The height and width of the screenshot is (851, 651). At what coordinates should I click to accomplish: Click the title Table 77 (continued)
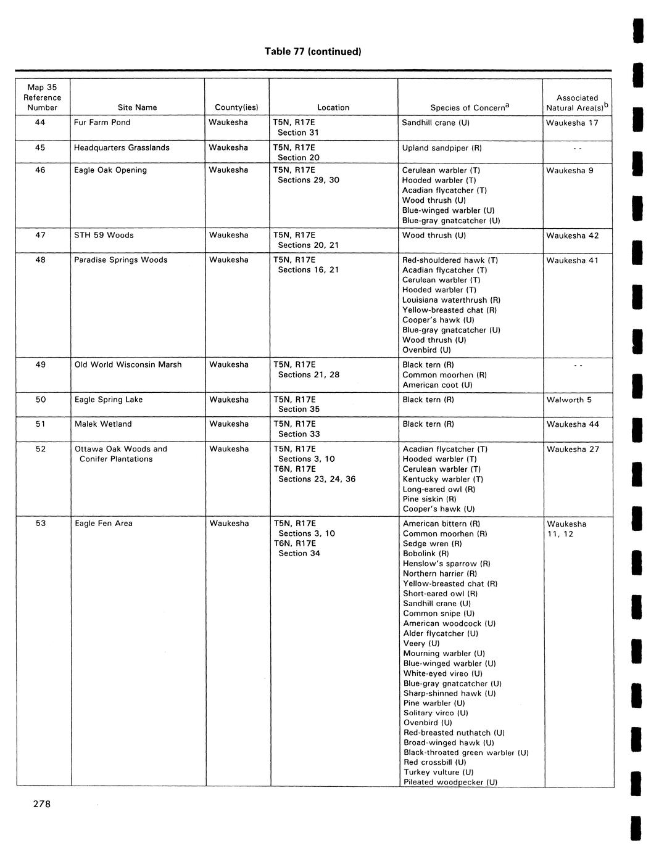tap(312, 51)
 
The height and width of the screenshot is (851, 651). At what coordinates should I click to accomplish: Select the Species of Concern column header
tap(470, 107)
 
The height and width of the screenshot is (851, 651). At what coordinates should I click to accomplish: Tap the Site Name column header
tap(137, 107)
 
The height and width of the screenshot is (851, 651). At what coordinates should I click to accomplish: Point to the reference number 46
tap(40, 170)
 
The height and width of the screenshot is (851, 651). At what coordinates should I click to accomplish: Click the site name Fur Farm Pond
tap(102, 122)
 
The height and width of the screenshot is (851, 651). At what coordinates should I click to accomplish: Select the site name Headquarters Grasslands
tap(122, 147)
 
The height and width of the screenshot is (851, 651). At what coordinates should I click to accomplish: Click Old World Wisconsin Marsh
tap(128, 364)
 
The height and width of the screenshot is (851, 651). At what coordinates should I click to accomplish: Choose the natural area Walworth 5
tap(569, 400)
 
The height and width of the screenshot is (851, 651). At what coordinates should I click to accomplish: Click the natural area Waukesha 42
tap(572, 235)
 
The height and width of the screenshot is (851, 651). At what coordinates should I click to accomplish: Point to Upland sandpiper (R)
tap(442, 148)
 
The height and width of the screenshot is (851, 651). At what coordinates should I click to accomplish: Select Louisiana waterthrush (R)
tap(451, 300)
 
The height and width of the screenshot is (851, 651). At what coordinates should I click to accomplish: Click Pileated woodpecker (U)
tap(450, 782)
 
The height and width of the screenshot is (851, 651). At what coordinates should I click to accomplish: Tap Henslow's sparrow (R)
tap(447, 564)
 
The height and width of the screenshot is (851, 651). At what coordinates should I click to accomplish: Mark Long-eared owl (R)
tap(439, 489)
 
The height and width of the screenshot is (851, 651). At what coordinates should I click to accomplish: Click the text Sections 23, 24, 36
tap(317, 479)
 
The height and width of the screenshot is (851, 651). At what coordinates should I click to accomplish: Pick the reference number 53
tap(41, 523)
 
